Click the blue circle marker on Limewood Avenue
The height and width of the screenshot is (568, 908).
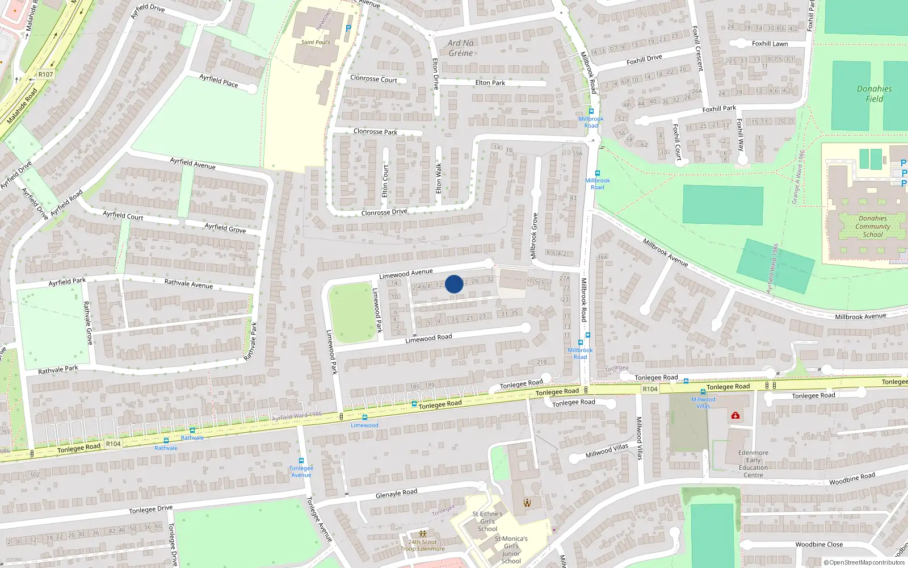(x=453, y=284)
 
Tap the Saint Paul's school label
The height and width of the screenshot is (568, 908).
(x=316, y=43)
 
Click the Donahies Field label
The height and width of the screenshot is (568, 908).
(x=874, y=94)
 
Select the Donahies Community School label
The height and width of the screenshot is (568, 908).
(x=872, y=226)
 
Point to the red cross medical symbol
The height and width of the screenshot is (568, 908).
(x=735, y=416)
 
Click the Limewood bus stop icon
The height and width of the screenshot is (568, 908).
(x=364, y=417)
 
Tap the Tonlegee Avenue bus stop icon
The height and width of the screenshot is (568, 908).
(x=301, y=461)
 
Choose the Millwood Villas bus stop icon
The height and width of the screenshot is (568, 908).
(x=703, y=392)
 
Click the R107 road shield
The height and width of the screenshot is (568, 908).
(x=45, y=74)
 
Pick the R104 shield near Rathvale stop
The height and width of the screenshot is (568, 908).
(x=113, y=444)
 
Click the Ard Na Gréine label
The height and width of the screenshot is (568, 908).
(x=460, y=48)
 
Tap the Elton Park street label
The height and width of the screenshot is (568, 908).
(x=490, y=83)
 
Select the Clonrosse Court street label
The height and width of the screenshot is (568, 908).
(x=373, y=79)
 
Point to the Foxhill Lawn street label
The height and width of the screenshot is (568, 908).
(x=770, y=44)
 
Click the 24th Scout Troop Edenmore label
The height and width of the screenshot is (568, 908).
(x=423, y=545)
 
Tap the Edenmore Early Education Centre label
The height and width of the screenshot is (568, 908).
(x=753, y=464)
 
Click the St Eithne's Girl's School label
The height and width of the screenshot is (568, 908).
(x=487, y=521)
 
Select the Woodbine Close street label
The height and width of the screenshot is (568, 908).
(x=818, y=544)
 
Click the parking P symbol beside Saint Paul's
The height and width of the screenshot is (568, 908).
(x=348, y=28)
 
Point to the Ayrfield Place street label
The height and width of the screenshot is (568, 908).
(x=218, y=81)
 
